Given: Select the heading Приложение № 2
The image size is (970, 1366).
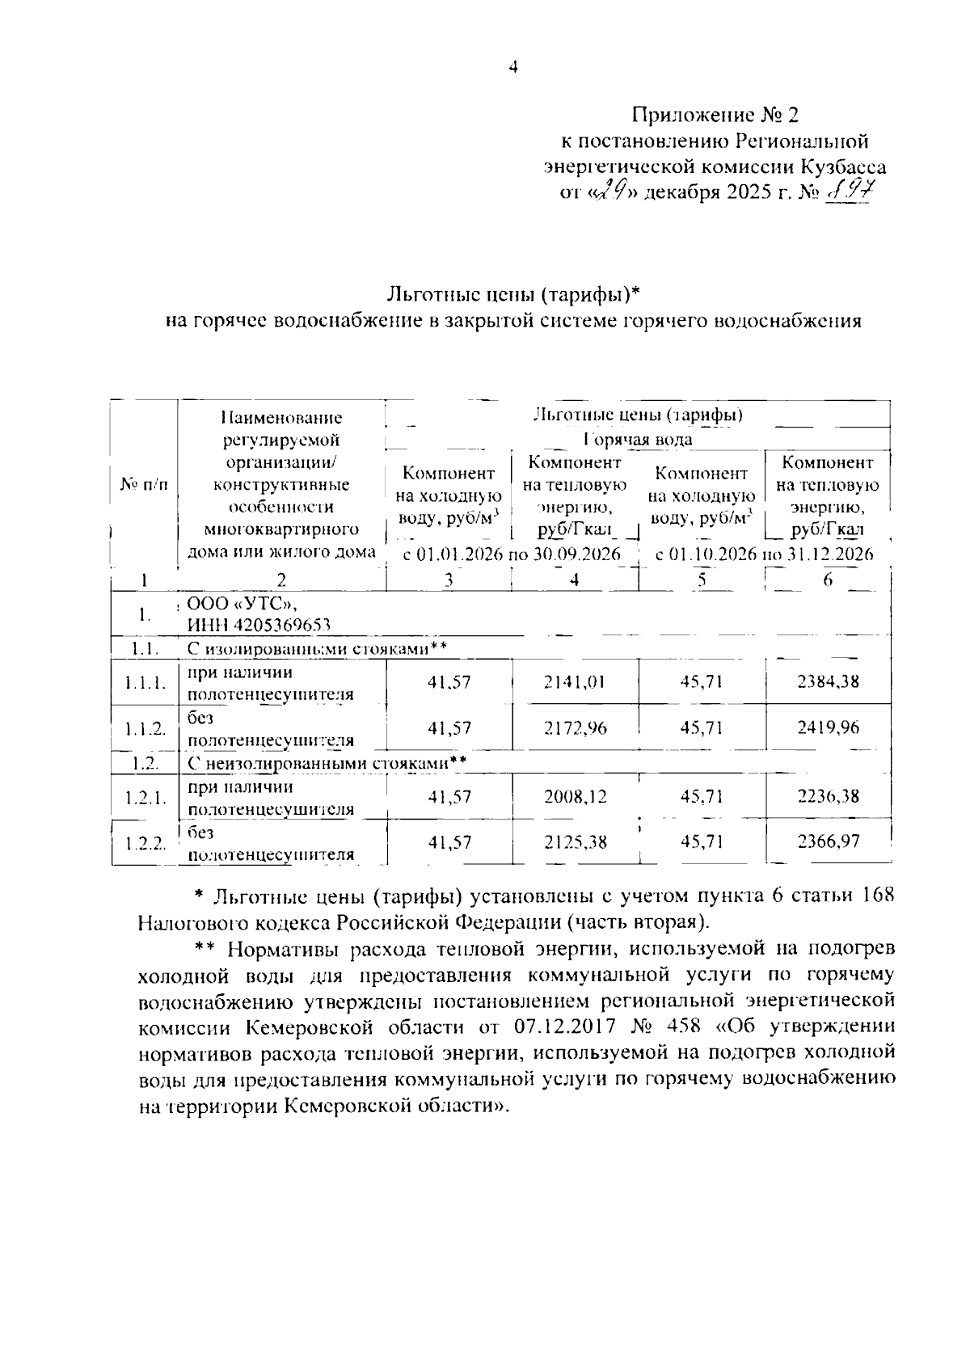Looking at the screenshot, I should (x=715, y=116).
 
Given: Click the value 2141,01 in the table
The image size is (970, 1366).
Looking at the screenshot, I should (x=575, y=681).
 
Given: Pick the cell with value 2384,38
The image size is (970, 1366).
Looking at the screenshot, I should (x=828, y=681).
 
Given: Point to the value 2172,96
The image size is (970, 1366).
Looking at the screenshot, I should (x=575, y=727).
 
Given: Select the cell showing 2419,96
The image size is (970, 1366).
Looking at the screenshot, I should (x=828, y=727).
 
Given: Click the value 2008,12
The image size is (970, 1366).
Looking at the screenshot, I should (x=575, y=796).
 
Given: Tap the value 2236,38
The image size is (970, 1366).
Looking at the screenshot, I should (x=828, y=796).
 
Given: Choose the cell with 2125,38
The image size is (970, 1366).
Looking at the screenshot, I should (x=575, y=842).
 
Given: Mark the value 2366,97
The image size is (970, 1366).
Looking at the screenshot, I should (x=828, y=842).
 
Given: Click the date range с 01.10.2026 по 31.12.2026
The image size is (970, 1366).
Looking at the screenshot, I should (x=764, y=554).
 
